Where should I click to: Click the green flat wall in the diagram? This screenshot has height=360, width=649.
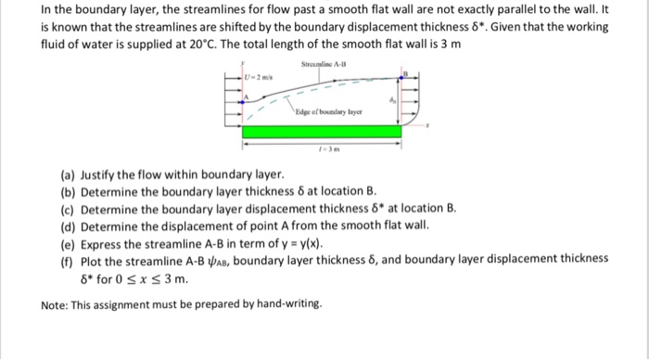(x=323, y=132)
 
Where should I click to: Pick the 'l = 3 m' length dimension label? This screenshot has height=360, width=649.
(x=323, y=148)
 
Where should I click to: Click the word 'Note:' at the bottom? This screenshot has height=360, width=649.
(x=58, y=304)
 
